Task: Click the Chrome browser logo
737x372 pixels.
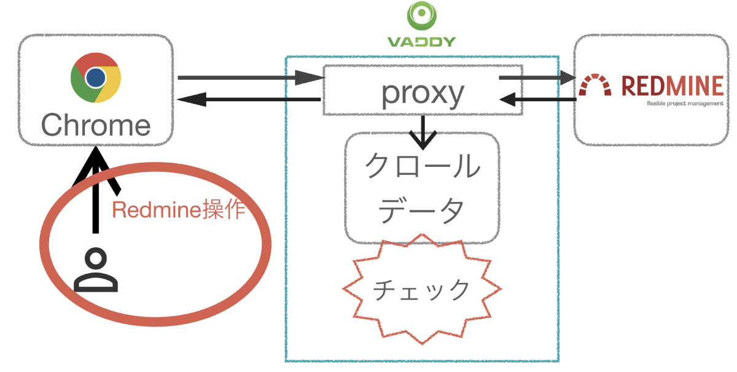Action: [95, 78]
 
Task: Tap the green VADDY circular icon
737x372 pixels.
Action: [421, 17]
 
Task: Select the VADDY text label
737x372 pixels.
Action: [421, 42]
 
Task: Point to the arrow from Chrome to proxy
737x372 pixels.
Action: [250, 78]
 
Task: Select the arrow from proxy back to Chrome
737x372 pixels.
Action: [249, 99]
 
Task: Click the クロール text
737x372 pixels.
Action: [422, 166]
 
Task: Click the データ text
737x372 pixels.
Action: [422, 211]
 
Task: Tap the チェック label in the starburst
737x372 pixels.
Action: [422, 289]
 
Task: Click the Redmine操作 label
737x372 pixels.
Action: [179, 211]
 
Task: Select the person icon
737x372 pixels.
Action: [95, 271]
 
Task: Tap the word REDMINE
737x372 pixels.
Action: [673, 86]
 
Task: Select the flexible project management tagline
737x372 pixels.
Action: [685, 103]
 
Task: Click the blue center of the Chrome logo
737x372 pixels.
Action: [95, 77]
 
